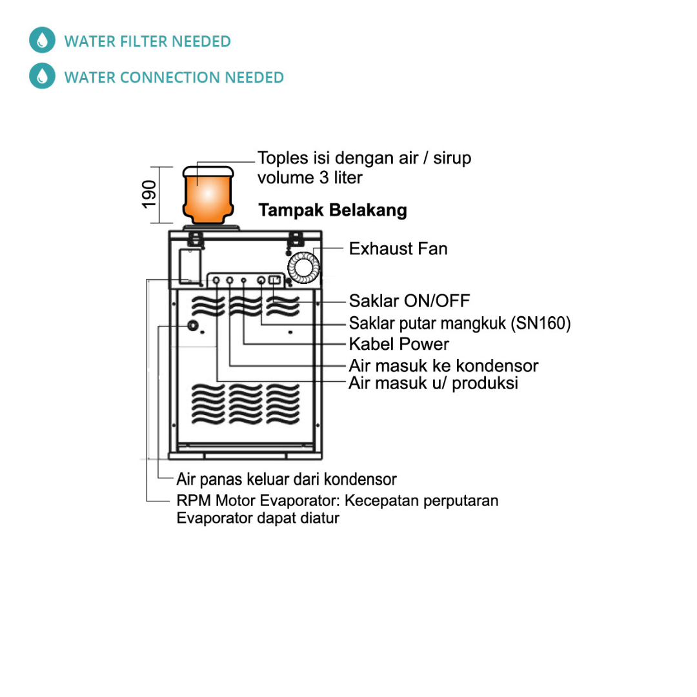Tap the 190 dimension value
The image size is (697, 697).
150,194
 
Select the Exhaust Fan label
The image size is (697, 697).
398,248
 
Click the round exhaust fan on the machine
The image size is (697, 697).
303,267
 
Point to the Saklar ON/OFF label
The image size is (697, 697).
409,301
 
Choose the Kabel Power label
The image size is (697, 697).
398,343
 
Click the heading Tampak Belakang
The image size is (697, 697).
332,210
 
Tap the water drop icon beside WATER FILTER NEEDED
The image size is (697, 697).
42,41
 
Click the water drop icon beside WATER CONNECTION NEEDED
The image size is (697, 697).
42,77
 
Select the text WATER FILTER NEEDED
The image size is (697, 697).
147,42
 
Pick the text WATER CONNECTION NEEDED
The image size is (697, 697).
174,77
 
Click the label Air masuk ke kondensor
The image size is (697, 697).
443,365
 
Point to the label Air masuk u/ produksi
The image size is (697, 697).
433,383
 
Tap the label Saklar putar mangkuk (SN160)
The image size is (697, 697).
460,323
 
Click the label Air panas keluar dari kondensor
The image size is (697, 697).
286,479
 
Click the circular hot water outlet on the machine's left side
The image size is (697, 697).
192,326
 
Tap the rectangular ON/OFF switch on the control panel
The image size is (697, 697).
274,280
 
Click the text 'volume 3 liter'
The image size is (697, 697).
309,177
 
